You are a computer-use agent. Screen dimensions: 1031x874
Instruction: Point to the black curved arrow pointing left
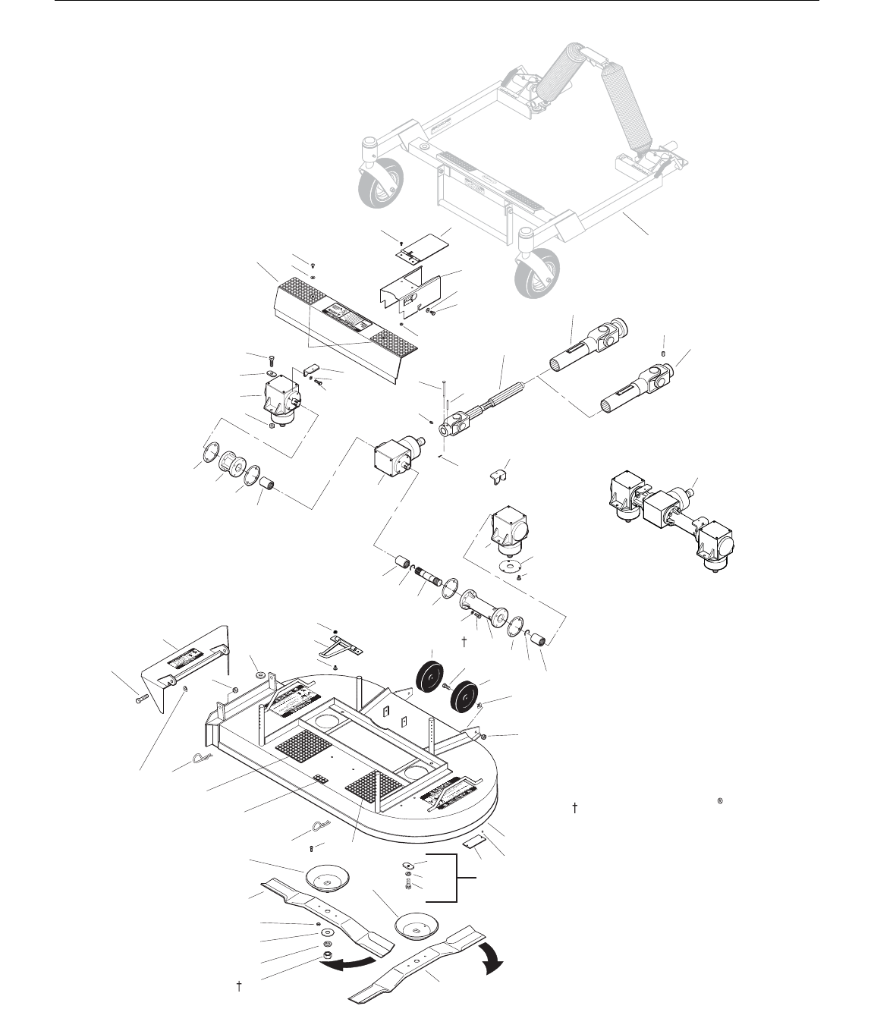click(350, 963)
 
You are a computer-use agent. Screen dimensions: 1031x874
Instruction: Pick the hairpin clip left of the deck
click(203, 759)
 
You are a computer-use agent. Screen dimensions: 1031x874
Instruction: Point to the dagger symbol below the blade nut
click(239, 987)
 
